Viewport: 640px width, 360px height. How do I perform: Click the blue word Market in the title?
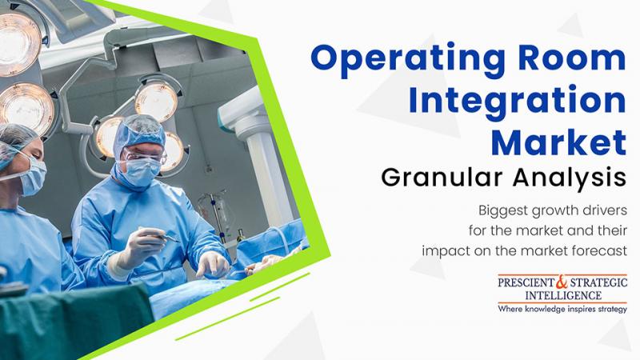tap(558, 142)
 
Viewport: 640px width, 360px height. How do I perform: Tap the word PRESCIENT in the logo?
tap(526, 282)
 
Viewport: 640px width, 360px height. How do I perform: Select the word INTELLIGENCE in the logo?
tap(563, 295)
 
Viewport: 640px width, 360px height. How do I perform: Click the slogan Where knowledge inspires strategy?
tap(562, 309)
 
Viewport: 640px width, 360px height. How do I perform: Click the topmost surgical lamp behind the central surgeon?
tap(157, 101)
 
